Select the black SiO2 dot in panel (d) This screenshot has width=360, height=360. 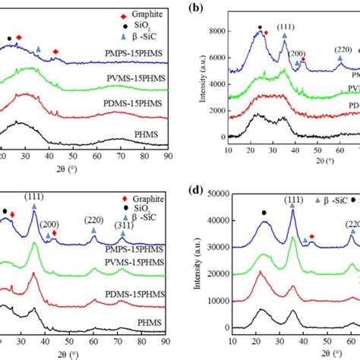(264, 213)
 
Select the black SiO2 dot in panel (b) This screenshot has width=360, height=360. (260, 27)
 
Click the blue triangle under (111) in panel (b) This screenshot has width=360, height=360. (286, 34)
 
